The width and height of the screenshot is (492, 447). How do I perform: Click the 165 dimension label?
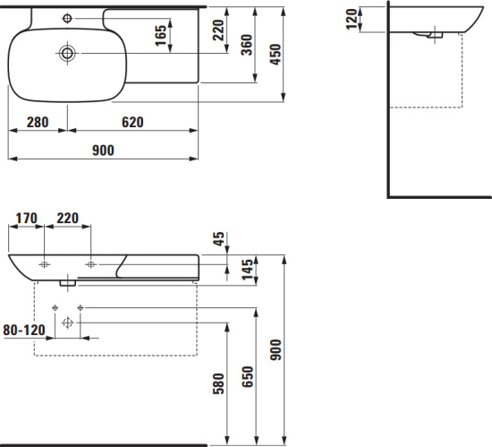(x=161, y=35)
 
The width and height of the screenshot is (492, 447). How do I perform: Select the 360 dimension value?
(x=247, y=45)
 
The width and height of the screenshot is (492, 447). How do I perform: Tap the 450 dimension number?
(x=276, y=55)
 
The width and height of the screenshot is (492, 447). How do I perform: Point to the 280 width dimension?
(x=38, y=122)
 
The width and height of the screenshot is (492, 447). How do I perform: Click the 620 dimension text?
(x=132, y=122)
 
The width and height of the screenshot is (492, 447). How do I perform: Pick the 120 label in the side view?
(x=352, y=19)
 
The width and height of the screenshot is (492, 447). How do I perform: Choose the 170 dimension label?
(x=26, y=218)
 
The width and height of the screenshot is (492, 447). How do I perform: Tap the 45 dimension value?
(x=219, y=239)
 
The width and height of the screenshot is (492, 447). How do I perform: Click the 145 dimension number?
(x=247, y=270)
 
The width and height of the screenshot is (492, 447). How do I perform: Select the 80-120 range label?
(x=24, y=331)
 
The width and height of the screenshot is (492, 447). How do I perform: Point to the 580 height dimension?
(x=218, y=384)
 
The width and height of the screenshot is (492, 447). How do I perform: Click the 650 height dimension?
(x=247, y=376)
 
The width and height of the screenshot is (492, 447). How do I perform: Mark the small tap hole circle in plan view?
(x=67, y=18)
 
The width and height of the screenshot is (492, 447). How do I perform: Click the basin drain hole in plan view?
(x=67, y=53)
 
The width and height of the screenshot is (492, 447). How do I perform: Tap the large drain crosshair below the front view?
(x=67, y=322)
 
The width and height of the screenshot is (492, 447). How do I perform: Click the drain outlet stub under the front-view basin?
(x=68, y=283)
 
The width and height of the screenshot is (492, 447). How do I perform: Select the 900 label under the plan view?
(x=103, y=150)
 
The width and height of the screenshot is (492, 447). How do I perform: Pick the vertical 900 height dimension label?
(x=276, y=349)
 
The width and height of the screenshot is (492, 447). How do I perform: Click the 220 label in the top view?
(x=218, y=30)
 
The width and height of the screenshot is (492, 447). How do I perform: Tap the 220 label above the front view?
(x=67, y=218)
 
